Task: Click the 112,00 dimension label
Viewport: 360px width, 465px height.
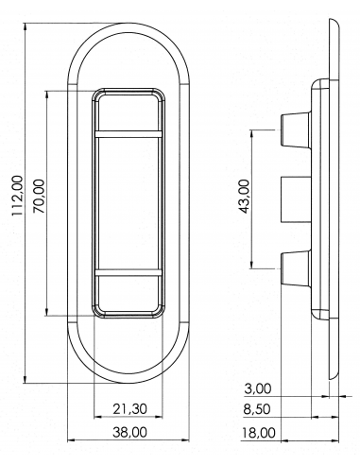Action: tap(18, 196)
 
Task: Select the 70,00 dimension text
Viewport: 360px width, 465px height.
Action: tap(39, 196)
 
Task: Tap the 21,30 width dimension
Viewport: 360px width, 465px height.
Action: tap(130, 409)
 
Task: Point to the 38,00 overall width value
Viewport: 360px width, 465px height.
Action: tap(129, 432)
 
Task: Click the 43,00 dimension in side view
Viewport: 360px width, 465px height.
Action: tap(245, 197)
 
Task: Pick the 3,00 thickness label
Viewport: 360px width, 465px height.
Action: tap(258, 388)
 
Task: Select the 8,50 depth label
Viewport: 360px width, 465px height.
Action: tap(257, 409)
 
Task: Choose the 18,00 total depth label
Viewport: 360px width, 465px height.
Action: tap(258, 433)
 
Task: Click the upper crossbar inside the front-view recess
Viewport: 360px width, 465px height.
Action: tap(129, 134)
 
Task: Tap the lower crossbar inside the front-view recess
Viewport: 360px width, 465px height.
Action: tap(129, 273)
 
